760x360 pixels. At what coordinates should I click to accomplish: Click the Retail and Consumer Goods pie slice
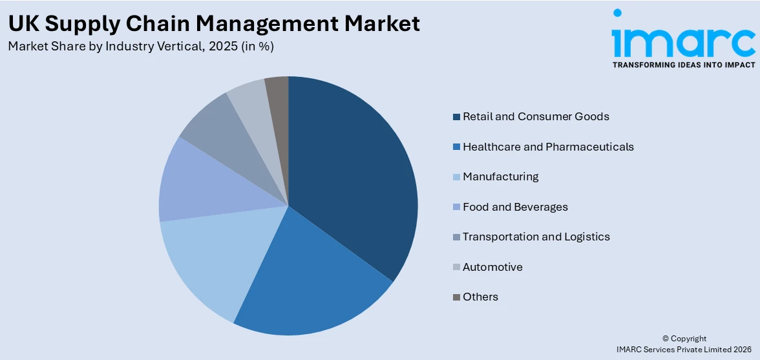pyautogui.click(x=349, y=175)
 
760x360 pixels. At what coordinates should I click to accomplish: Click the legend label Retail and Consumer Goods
pyautogui.click(x=536, y=116)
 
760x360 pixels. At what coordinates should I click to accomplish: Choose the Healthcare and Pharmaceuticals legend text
pyautogui.click(x=548, y=147)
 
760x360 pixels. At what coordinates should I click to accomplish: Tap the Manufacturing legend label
pyautogui.click(x=500, y=176)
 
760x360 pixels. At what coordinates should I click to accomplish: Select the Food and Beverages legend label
pyautogui.click(x=515, y=207)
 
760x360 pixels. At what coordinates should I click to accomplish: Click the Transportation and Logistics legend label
pyautogui.click(x=536, y=237)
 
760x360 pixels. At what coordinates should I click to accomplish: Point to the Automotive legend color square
pyautogui.click(x=456, y=267)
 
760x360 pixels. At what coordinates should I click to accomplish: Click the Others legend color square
pyautogui.click(x=456, y=297)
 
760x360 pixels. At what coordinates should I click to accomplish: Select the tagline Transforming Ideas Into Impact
pyautogui.click(x=683, y=65)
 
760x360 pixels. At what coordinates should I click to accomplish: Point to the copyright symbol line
pyautogui.click(x=684, y=339)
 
